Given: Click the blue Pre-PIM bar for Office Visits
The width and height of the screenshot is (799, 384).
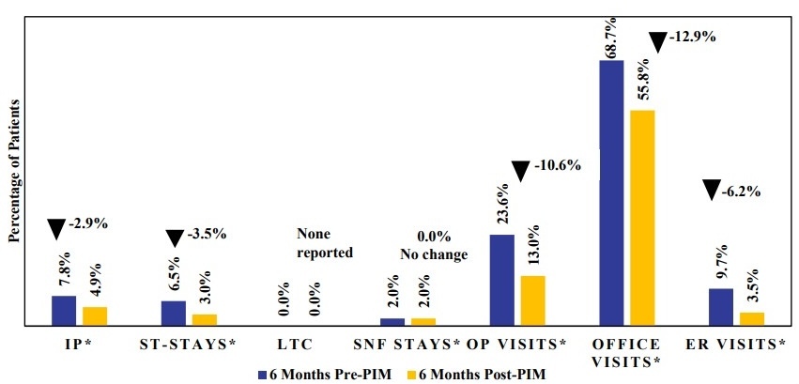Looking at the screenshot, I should [610, 192].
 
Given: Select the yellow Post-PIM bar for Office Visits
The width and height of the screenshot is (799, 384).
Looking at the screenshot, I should [641, 217].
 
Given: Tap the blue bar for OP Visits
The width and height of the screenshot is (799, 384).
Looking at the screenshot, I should [501, 279].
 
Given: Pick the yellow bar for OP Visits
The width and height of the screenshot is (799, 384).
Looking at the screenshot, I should [532, 300].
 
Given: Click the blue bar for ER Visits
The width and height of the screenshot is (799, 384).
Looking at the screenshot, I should [720, 306].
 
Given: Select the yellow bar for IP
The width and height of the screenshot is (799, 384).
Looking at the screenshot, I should [95, 315].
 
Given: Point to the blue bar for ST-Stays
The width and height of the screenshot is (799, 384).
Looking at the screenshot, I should [173, 313].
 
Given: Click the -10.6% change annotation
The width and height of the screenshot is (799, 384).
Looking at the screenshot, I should [558, 166].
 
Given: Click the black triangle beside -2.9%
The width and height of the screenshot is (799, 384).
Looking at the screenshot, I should [56, 228].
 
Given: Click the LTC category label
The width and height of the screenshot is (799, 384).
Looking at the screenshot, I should [300, 344].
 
